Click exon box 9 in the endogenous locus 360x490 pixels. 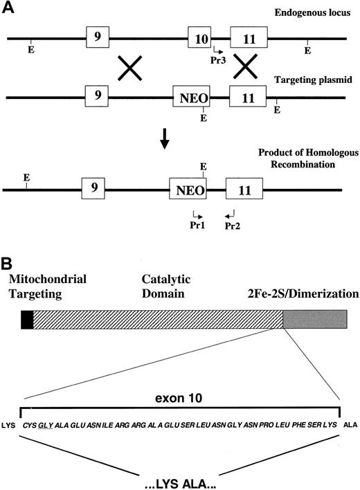click(98, 36)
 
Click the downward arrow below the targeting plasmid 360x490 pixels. click(164, 140)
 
